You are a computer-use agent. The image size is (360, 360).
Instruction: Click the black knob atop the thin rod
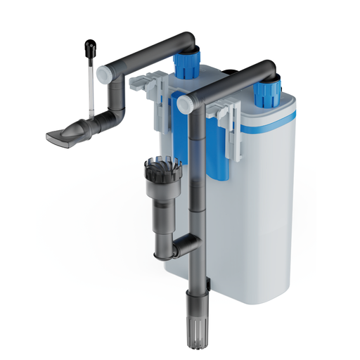(90, 48)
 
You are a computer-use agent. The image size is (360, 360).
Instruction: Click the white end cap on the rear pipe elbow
(104, 72)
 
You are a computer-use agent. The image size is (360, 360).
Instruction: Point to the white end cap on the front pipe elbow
(186, 103)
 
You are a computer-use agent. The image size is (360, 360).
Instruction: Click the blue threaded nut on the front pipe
(267, 91)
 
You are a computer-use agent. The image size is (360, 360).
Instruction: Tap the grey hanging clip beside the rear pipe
(148, 89)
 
